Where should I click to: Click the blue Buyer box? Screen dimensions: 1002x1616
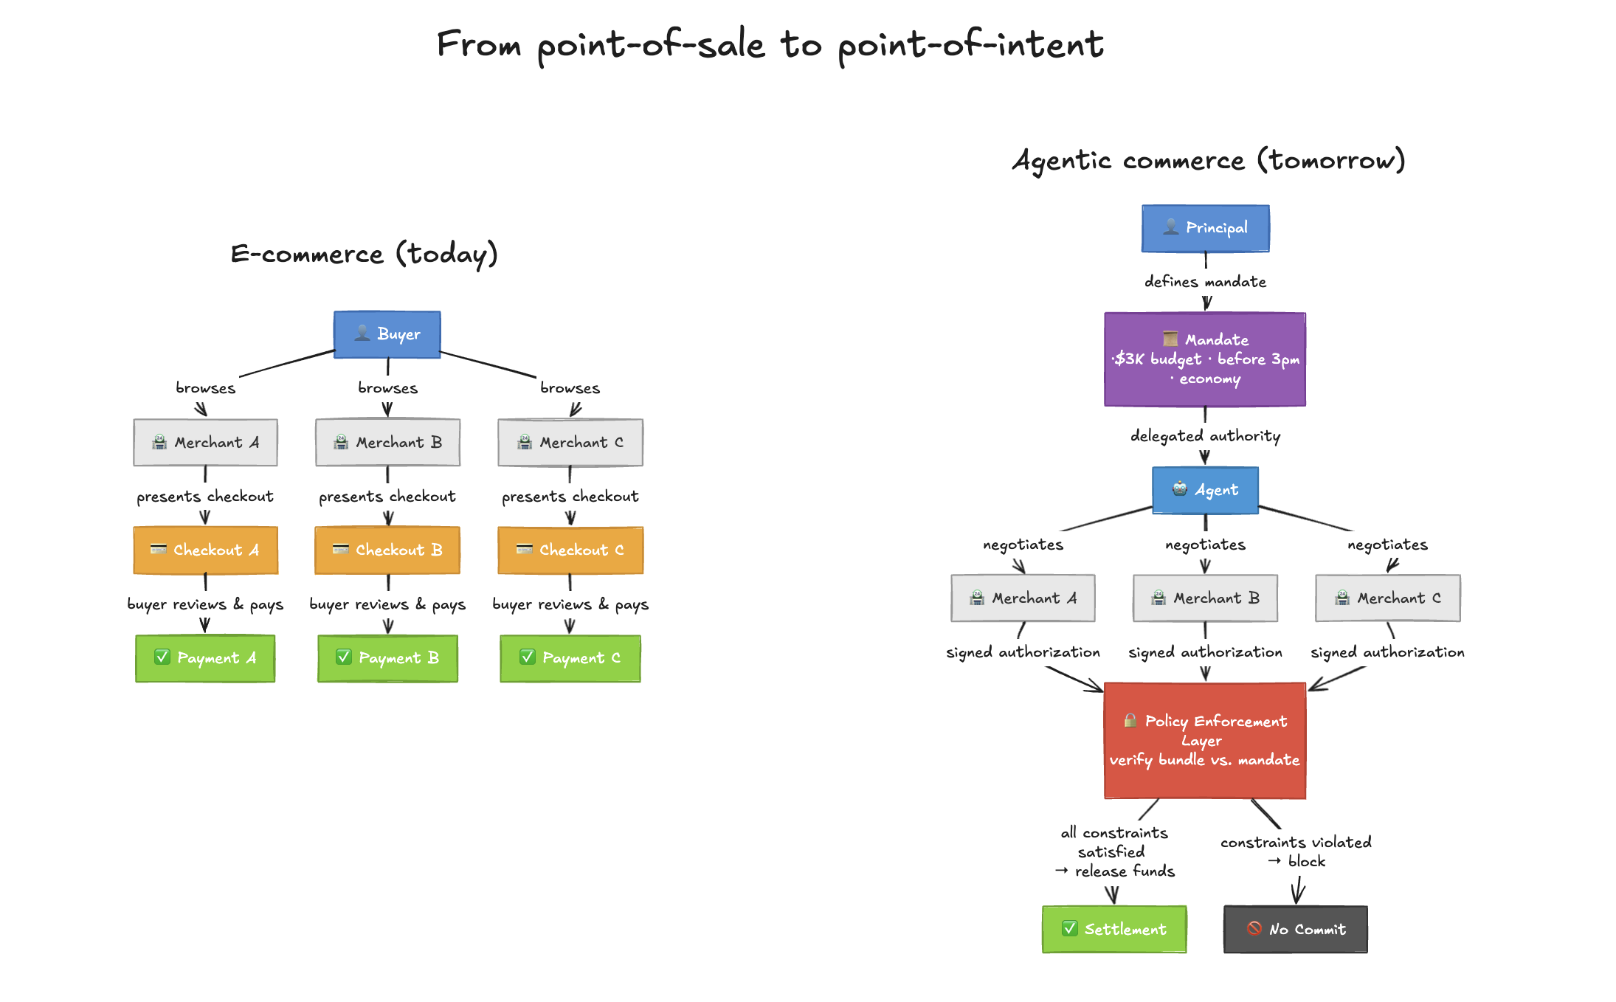[387, 334]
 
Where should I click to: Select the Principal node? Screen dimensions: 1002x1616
[1205, 228]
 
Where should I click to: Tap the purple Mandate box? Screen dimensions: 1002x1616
[1204, 359]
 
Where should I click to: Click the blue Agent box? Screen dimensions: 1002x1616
[1205, 490]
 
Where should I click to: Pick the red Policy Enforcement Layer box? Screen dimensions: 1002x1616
[1204, 740]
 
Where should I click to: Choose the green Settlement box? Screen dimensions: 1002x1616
[1113, 929]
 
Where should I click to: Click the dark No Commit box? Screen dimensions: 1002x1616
[1295, 929]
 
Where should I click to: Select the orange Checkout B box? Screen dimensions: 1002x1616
[387, 550]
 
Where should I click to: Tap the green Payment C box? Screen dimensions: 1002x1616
[570, 657]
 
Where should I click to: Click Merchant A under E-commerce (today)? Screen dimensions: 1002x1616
[205, 442]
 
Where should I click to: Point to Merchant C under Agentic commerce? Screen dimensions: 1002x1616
[1387, 598]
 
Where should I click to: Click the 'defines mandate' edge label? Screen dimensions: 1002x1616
[1205, 282]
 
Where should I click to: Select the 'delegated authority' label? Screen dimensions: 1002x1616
[1205, 436]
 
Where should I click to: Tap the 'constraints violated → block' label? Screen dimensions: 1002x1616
[1296, 851]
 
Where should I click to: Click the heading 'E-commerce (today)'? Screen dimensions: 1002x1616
[364, 254]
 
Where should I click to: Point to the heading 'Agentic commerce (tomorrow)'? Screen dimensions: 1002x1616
[1208, 160]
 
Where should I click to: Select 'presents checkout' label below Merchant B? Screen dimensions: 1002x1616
[387, 497]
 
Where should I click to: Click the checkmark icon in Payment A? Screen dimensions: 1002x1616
[162, 657]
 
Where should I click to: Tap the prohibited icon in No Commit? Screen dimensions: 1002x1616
[1254, 928]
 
